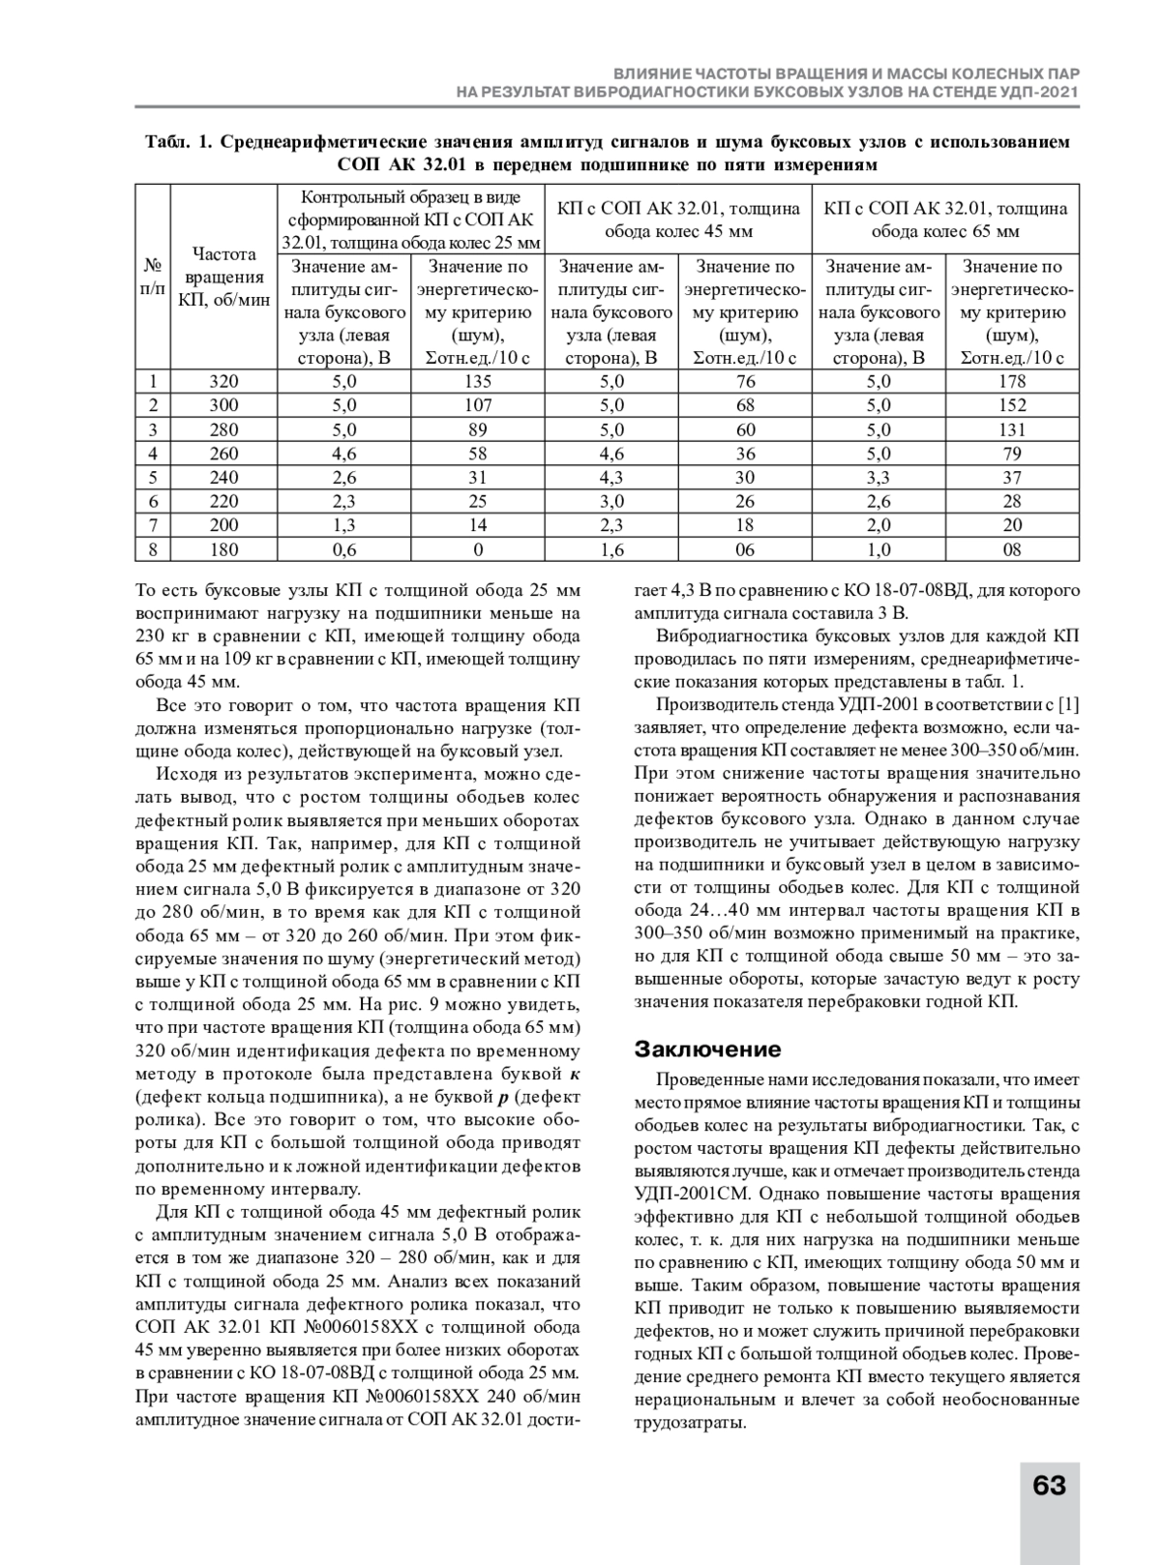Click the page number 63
pyautogui.click(x=1049, y=1485)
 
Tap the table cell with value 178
pyautogui.click(x=1012, y=382)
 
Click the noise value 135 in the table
pyautogui.click(x=478, y=382)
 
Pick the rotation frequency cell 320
pyautogui.click(x=223, y=382)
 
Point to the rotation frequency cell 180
pyautogui.click(x=223, y=549)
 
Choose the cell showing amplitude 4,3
pyautogui.click(x=611, y=478)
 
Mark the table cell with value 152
pyautogui.click(x=1012, y=405)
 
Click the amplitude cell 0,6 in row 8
pyautogui.click(x=343, y=549)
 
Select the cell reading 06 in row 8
pyautogui.click(x=745, y=549)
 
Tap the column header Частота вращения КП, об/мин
pyautogui.click(x=223, y=277)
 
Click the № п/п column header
pyautogui.click(x=153, y=277)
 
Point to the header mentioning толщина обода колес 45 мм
pyautogui.click(x=678, y=220)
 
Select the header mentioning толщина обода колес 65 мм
pyautogui.click(x=945, y=220)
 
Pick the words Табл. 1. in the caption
pyautogui.click(x=178, y=143)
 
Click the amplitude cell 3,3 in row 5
pyautogui.click(x=878, y=478)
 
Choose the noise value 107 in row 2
pyautogui.click(x=478, y=405)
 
